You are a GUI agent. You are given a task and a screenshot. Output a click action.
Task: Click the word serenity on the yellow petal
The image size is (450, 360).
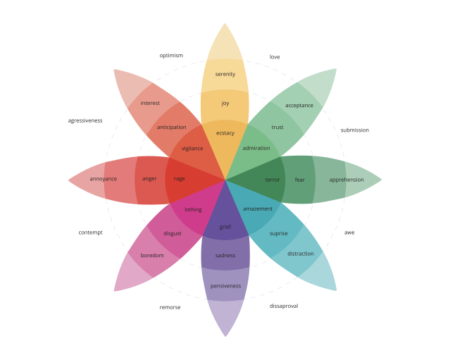tap(225, 74)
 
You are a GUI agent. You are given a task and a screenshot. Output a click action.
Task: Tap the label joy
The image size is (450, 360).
tap(225, 103)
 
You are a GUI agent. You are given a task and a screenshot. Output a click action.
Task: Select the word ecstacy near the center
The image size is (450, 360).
tap(225, 133)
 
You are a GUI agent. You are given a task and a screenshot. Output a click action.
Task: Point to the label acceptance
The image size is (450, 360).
tap(299, 106)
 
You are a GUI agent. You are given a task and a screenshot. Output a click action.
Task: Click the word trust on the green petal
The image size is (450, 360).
tap(277, 127)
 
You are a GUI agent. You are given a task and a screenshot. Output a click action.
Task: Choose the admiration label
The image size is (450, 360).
tap(256, 148)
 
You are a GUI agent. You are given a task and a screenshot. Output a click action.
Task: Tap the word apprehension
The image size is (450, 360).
tap(346, 180)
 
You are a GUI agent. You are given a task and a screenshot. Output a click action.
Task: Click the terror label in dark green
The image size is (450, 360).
tap(273, 180)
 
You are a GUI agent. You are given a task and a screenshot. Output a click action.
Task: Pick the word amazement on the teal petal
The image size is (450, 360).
tap(258, 209)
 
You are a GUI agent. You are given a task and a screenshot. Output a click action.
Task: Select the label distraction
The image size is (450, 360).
tap(301, 254)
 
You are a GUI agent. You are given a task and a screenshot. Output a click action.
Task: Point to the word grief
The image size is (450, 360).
tap(225, 227)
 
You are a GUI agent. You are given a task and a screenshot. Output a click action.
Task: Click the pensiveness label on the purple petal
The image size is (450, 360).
tap(225, 286)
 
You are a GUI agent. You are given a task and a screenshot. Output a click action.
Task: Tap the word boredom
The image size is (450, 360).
tap(152, 255)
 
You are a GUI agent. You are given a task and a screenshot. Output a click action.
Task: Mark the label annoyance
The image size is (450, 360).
tap(104, 179)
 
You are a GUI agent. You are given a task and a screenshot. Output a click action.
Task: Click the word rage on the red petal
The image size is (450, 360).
tap(179, 179)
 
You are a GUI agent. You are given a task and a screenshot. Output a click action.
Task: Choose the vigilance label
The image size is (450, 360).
tap(192, 149)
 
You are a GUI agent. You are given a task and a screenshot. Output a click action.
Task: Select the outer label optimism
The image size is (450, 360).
tap(171, 56)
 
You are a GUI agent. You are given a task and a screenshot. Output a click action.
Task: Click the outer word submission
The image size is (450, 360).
tap(355, 130)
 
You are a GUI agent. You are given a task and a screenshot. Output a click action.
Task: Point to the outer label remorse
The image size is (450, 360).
tap(170, 307)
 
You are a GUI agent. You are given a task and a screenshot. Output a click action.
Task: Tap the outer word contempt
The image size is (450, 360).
tap(90, 232)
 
